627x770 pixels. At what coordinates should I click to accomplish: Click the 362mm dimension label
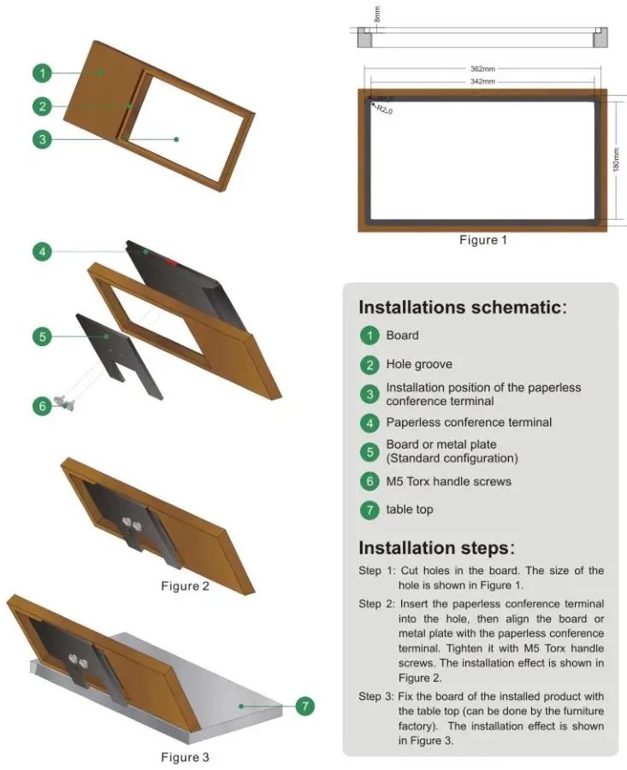pyautogui.click(x=482, y=68)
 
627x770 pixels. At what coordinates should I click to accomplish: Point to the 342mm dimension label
pyautogui.click(x=482, y=81)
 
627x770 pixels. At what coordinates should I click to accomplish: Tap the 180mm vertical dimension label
pyautogui.click(x=615, y=159)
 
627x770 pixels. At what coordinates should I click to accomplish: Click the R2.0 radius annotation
pyautogui.click(x=385, y=109)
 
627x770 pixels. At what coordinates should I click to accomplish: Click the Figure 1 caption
pyautogui.click(x=482, y=240)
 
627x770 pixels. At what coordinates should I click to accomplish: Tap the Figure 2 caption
pyautogui.click(x=185, y=585)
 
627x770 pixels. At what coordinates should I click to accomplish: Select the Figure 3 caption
pyautogui.click(x=185, y=756)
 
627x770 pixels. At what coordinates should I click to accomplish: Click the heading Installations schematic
pyautogui.click(x=462, y=308)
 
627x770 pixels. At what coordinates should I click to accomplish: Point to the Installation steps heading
pyautogui.click(x=437, y=548)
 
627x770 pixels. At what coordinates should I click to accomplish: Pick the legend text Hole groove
pyautogui.click(x=419, y=364)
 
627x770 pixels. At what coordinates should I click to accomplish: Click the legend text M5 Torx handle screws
pyautogui.click(x=448, y=481)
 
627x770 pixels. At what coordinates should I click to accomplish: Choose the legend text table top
pyautogui.click(x=410, y=509)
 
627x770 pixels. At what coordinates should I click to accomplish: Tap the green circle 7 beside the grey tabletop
pyautogui.click(x=305, y=706)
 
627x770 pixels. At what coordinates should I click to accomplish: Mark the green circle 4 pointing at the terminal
pyautogui.click(x=43, y=251)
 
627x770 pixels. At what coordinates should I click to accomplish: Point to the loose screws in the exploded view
pyautogui.click(x=65, y=400)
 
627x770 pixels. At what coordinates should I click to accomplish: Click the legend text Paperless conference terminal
pyautogui.click(x=469, y=422)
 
